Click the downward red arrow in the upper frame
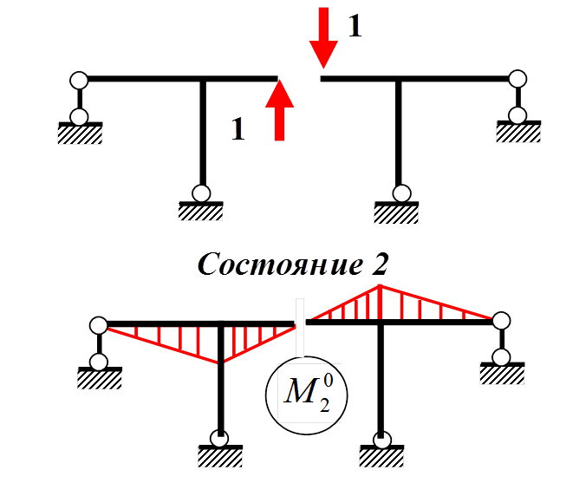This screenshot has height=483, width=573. tap(324, 36)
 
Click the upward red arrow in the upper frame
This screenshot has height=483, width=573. tap(279, 108)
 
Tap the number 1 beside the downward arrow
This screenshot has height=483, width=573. tap(354, 26)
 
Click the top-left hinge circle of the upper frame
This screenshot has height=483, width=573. tap(79, 80)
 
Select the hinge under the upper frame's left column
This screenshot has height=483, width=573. tap(201, 193)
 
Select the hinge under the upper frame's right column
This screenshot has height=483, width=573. tap(400, 193)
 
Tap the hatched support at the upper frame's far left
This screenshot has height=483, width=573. tap(80, 133)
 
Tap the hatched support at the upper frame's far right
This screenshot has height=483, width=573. tap(518, 132)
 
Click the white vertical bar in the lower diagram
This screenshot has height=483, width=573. tap(300, 329)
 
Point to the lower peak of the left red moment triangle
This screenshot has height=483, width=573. tap(222, 362)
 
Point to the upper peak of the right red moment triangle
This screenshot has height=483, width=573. tap(380, 286)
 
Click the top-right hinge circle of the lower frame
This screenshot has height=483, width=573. tap(500, 322)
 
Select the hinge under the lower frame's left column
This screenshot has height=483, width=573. tap(220, 438)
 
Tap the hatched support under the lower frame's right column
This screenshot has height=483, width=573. tap(380, 455)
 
